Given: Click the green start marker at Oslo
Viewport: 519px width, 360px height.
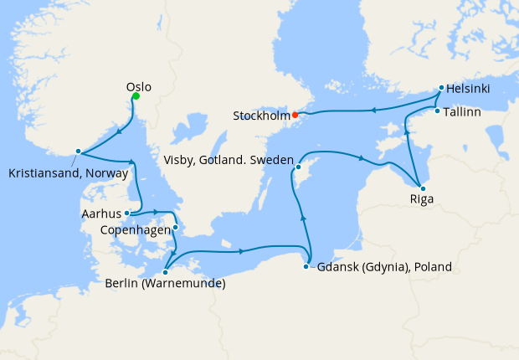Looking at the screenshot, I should [136, 96].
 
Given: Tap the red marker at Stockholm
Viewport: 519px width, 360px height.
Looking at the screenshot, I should [295, 115].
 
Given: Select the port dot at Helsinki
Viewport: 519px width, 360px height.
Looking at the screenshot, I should [441, 87].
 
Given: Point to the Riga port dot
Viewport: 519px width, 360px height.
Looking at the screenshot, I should [422, 188].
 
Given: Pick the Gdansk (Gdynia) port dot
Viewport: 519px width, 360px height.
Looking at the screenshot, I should [310, 267].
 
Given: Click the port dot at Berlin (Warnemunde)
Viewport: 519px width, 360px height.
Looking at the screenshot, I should [166, 270].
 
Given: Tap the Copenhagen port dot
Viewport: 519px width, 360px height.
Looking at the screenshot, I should [176, 227].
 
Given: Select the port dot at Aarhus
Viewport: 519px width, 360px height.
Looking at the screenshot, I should [126, 213].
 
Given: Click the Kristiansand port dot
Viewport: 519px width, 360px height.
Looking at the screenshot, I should [78, 152].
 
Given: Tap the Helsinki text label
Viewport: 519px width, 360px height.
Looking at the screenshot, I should [469, 88].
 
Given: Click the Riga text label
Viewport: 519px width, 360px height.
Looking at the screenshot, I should [422, 200].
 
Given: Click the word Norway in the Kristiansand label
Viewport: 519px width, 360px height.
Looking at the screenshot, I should [110, 174].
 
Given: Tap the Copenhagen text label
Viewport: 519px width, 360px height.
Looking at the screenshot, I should [135, 228].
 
